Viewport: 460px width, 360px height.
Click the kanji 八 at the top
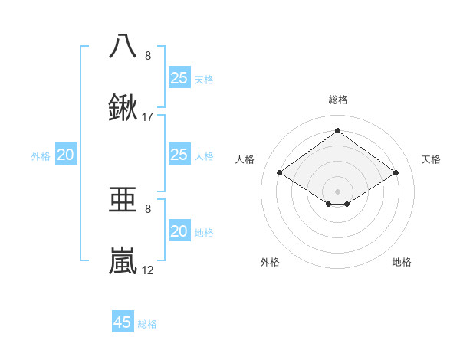point(123,46)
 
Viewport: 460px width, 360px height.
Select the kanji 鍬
point(123,109)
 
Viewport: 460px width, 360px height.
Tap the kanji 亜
point(123,199)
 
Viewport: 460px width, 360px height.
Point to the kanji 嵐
point(123,261)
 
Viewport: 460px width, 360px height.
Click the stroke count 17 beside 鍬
point(148,117)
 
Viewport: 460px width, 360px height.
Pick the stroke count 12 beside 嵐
point(148,270)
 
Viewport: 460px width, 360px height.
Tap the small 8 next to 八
point(148,55)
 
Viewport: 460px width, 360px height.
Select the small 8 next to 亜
point(148,208)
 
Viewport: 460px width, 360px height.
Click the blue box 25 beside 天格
point(179,77)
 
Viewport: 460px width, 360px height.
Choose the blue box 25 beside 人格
point(179,155)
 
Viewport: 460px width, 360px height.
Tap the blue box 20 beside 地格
point(179,231)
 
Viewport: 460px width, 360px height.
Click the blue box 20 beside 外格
point(65,155)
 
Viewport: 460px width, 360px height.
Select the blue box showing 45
point(123,322)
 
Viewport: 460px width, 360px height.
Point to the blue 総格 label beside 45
point(147,324)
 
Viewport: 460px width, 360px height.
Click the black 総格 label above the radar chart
point(337,100)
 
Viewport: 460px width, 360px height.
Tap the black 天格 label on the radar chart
point(431,159)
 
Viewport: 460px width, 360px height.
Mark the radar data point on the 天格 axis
point(396,173)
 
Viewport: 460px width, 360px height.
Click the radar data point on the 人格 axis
point(280,173)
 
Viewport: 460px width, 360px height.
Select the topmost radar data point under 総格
point(337,131)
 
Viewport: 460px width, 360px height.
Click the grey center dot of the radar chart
point(337,190)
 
